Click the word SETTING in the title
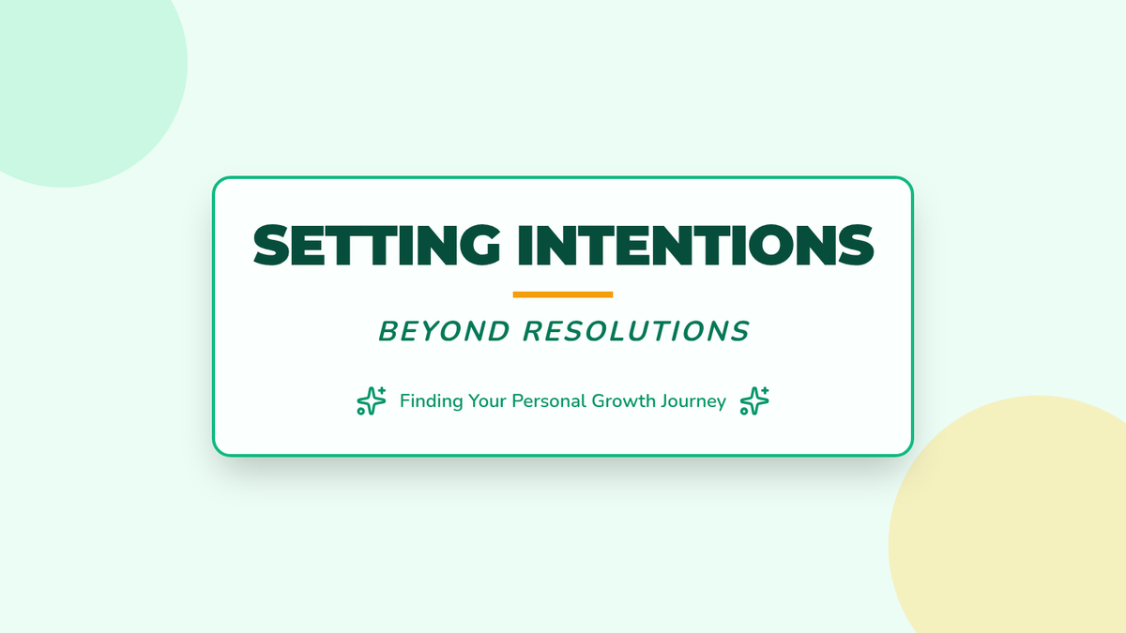point(377,245)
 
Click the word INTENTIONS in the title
point(695,245)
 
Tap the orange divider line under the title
point(563,294)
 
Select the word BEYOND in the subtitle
point(445,332)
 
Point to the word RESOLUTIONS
point(636,332)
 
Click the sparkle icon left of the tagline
point(372,401)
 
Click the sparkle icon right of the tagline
point(754,401)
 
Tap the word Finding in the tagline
point(432,401)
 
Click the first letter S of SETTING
point(272,245)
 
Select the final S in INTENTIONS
point(856,245)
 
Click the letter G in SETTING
point(479,245)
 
